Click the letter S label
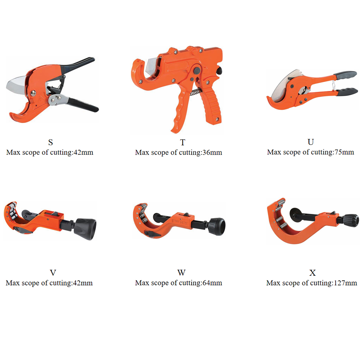click(50, 142)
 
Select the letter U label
click(310, 142)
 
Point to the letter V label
click(53, 272)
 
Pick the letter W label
click(181, 272)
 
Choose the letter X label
click(312, 272)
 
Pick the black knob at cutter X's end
click(351, 219)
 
